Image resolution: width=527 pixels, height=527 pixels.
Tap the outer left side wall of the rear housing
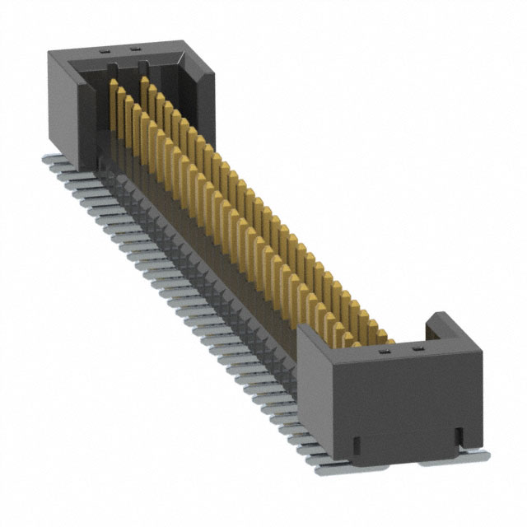click(x=61, y=107)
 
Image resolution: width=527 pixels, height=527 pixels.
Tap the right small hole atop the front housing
click(x=416, y=349)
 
